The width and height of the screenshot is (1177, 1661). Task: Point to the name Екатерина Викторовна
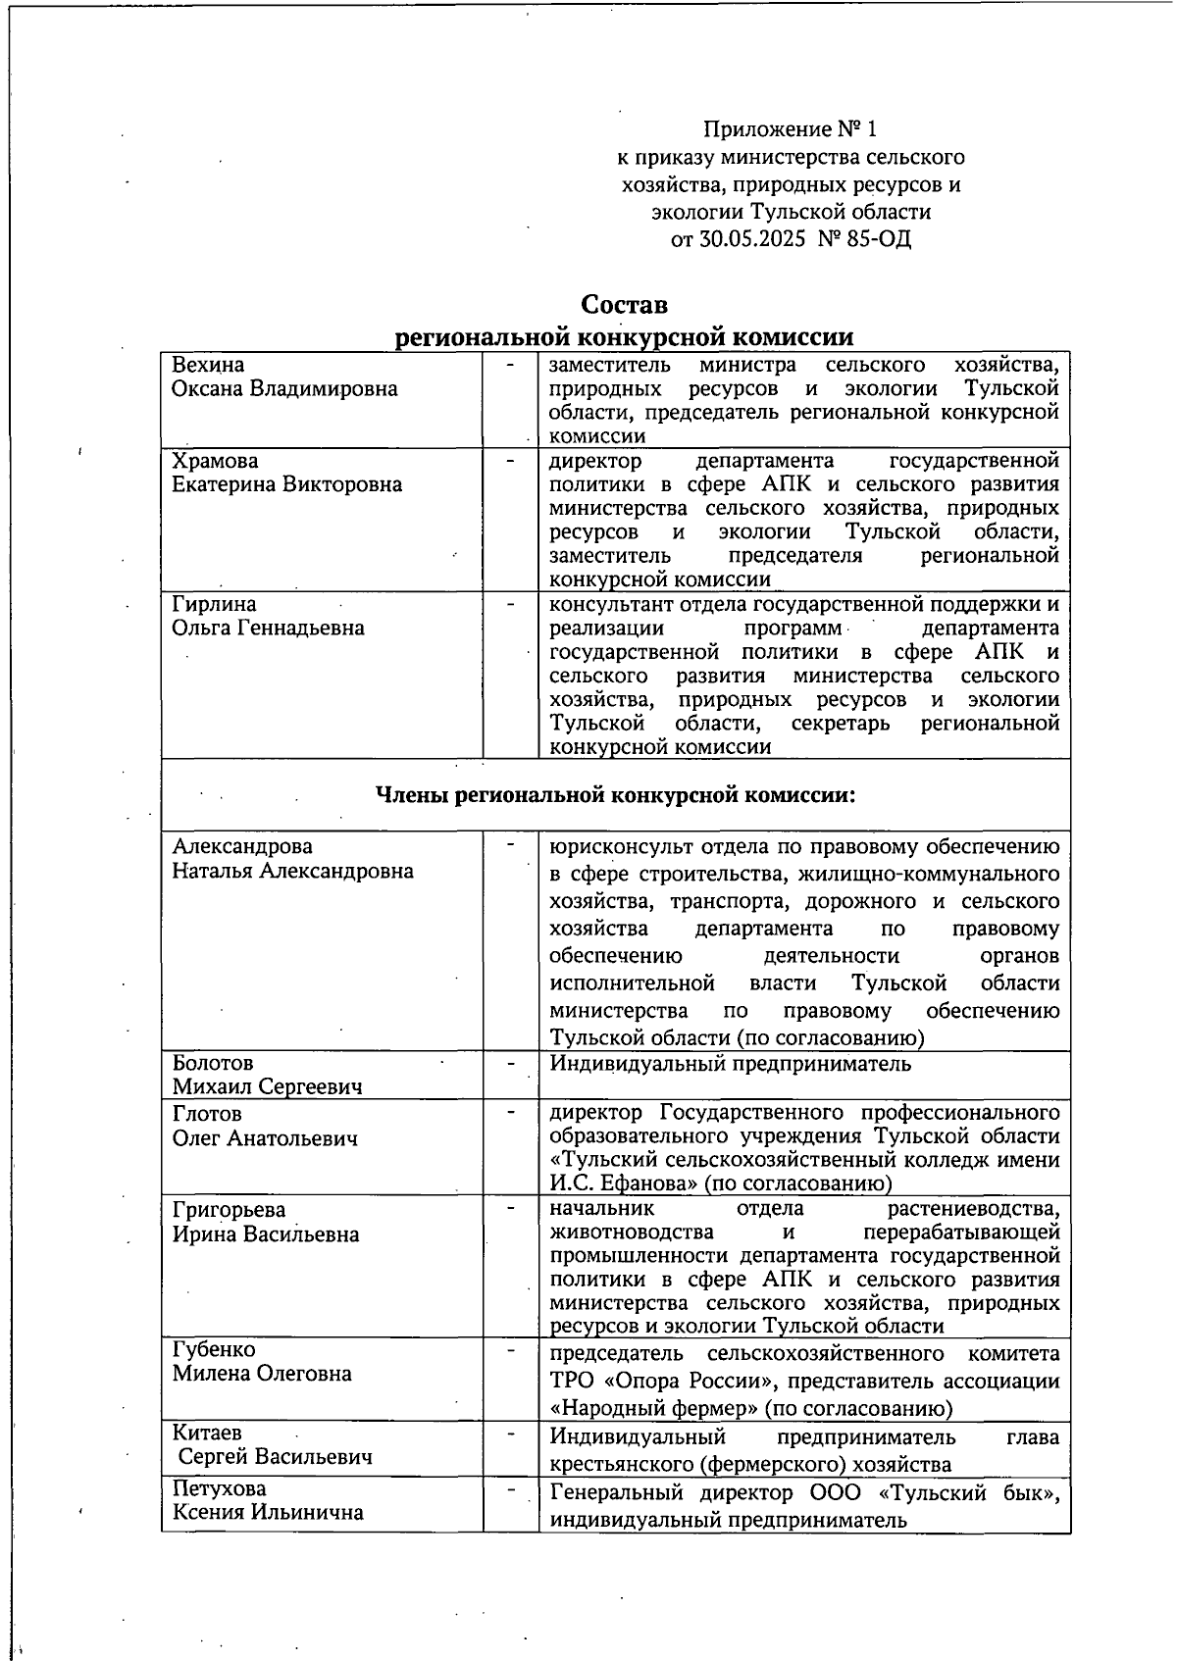(x=287, y=484)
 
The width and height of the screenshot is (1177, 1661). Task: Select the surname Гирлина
(x=214, y=604)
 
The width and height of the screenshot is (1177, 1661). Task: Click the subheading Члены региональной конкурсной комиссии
(x=616, y=795)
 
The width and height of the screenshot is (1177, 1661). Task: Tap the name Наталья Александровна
(x=293, y=871)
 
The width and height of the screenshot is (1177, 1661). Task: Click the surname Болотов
(x=213, y=1063)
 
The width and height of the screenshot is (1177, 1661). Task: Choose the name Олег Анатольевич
(x=265, y=1138)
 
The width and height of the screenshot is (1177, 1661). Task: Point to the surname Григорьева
(x=230, y=1210)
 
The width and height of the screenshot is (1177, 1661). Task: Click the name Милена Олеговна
(x=262, y=1374)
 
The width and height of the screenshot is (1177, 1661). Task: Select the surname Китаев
(x=207, y=1433)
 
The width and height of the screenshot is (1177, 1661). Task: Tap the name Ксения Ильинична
(x=268, y=1512)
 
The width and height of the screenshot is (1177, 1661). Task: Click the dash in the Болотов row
(x=510, y=1063)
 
